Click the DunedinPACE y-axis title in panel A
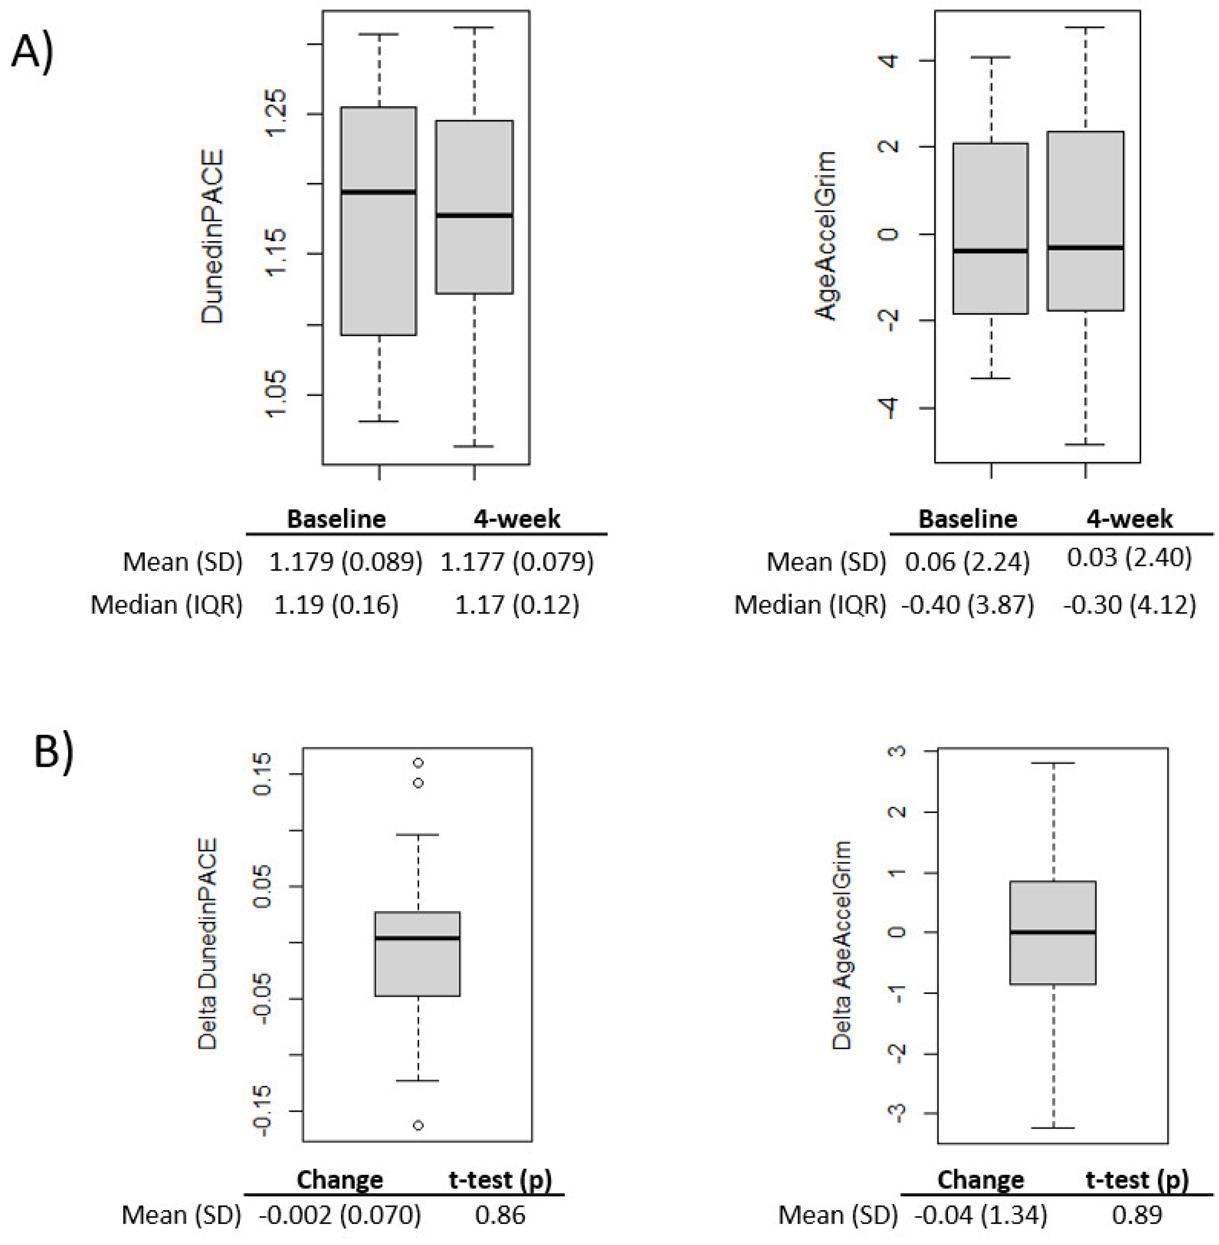coord(213,236)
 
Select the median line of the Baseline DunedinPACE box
coord(379,191)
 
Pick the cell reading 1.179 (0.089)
coord(346,562)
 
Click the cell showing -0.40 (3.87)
coord(968,604)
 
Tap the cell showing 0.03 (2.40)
coord(1129,557)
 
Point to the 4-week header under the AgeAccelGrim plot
coord(1129,519)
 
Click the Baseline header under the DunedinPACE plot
coord(336,519)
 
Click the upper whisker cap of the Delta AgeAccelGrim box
coord(1053,763)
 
